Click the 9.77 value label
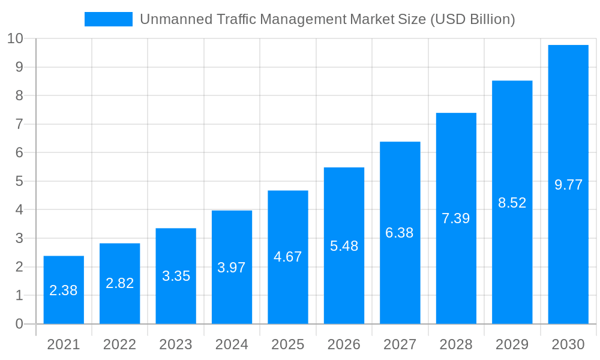tap(568, 185)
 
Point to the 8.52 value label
tap(512, 203)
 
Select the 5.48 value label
tap(344, 246)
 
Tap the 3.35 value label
tap(176, 276)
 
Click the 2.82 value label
tap(119, 283)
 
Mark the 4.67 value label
tap(287, 257)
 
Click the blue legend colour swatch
tap(108, 19)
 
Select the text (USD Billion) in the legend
tap(473, 19)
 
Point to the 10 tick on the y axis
tap(16, 38)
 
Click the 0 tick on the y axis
tap(19, 324)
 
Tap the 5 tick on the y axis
tap(19, 181)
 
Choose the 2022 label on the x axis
tap(119, 344)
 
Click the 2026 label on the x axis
tap(344, 344)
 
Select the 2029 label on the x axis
tap(512, 344)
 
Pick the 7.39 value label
tap(456, 218)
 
